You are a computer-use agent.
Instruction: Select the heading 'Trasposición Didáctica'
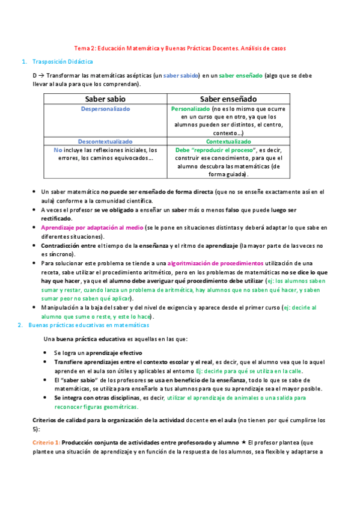point(63,61)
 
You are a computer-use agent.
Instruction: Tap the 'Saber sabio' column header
point(105,99)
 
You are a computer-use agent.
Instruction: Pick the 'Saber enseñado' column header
point(228,99)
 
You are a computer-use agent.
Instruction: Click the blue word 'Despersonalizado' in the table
point(105,109)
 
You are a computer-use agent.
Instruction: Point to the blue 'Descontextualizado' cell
point(105,141)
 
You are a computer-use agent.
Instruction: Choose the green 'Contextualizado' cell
point(228,141)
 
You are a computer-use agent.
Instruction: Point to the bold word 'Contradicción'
point(60,246)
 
